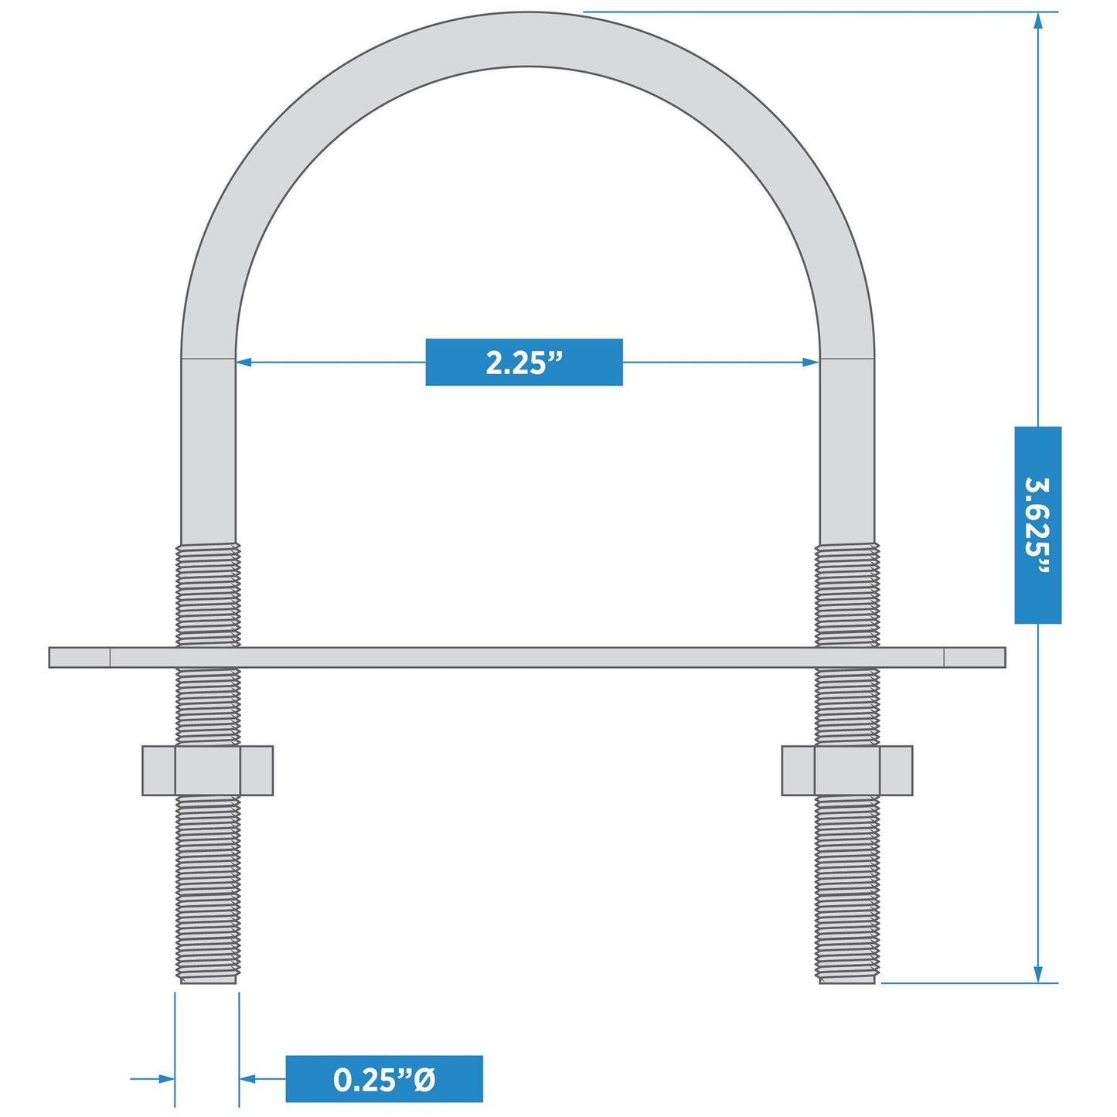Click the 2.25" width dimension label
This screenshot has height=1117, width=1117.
pos(524,363)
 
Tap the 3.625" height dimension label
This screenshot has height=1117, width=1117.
pos(1037,525)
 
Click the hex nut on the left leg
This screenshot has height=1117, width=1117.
pos(207,771)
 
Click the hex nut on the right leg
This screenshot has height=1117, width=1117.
pos(847,771)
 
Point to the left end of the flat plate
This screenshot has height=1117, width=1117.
pos(50,657)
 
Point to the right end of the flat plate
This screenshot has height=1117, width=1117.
pos(1005,657)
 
